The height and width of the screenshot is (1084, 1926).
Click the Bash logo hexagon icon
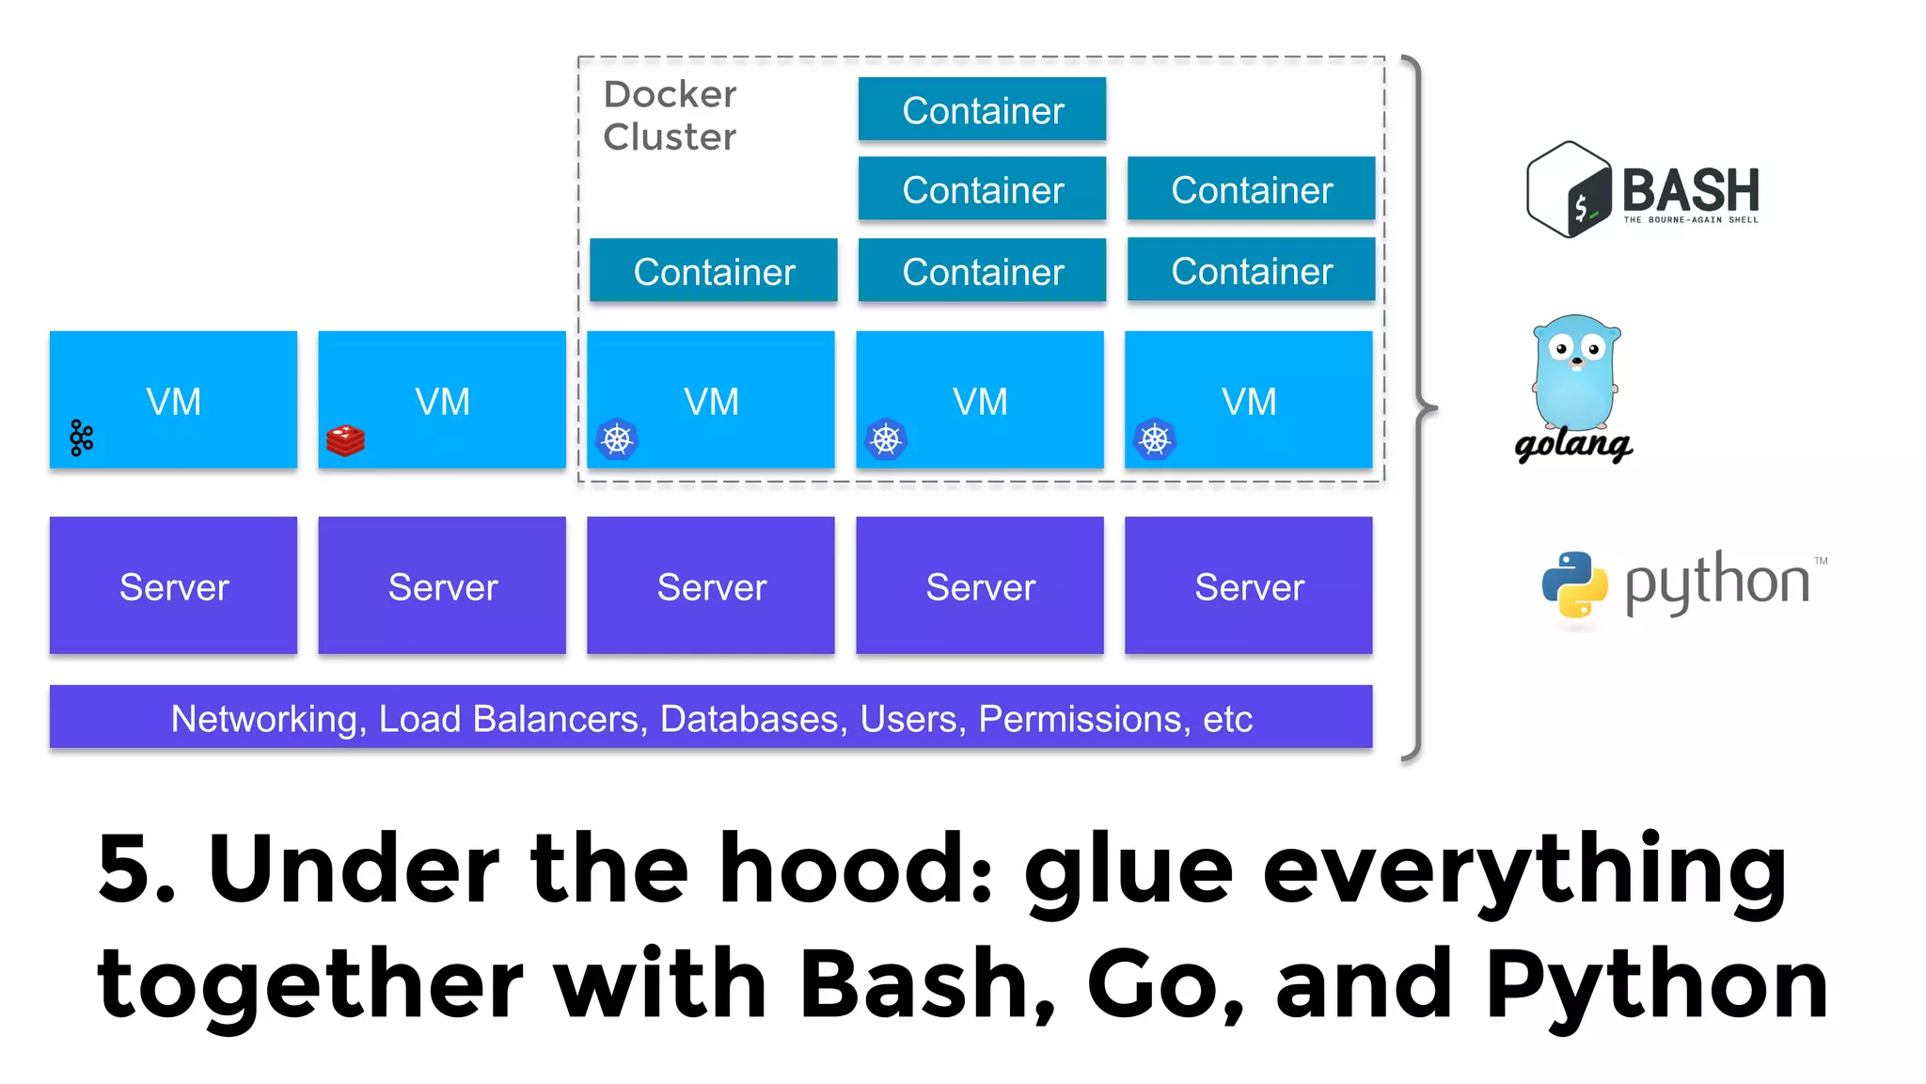(x=1569, y=189)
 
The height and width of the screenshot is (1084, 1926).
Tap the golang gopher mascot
(x=1576, y=373)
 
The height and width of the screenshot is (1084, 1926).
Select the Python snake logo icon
(x=1574, y=584)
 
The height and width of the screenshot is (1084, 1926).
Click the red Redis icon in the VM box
(x=345, y=440)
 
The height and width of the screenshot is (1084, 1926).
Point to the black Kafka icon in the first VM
(x=82, y=438)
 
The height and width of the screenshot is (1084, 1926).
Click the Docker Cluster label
(x=670, y=116)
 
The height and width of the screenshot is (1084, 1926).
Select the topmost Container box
(x=982, y=110)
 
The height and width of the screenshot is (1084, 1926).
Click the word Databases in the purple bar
(x=749, y=719)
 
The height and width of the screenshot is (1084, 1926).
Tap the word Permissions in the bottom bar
(x=1080, y=719)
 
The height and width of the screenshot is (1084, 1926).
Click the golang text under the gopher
(x=1573, y=444)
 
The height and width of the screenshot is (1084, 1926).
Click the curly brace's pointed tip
(x=1434, y=408)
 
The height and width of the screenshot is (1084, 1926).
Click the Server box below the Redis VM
(x=442, y=585)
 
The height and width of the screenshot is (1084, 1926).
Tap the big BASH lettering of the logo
(x=1690, y=190)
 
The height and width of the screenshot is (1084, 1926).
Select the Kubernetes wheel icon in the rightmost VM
(x=1155, y=439)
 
